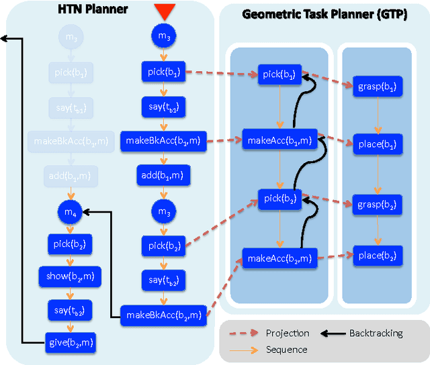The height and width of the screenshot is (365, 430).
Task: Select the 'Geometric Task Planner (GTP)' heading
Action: tap(325, 14)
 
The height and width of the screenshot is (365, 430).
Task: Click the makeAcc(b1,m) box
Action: tap(279, 140)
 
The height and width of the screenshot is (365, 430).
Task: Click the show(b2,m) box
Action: tap(70, 276)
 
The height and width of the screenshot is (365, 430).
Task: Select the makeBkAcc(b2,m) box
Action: tap(163, 315)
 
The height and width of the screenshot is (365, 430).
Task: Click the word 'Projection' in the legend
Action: tap(288, 333)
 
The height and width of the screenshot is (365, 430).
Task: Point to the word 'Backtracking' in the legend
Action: tap(376, 333)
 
